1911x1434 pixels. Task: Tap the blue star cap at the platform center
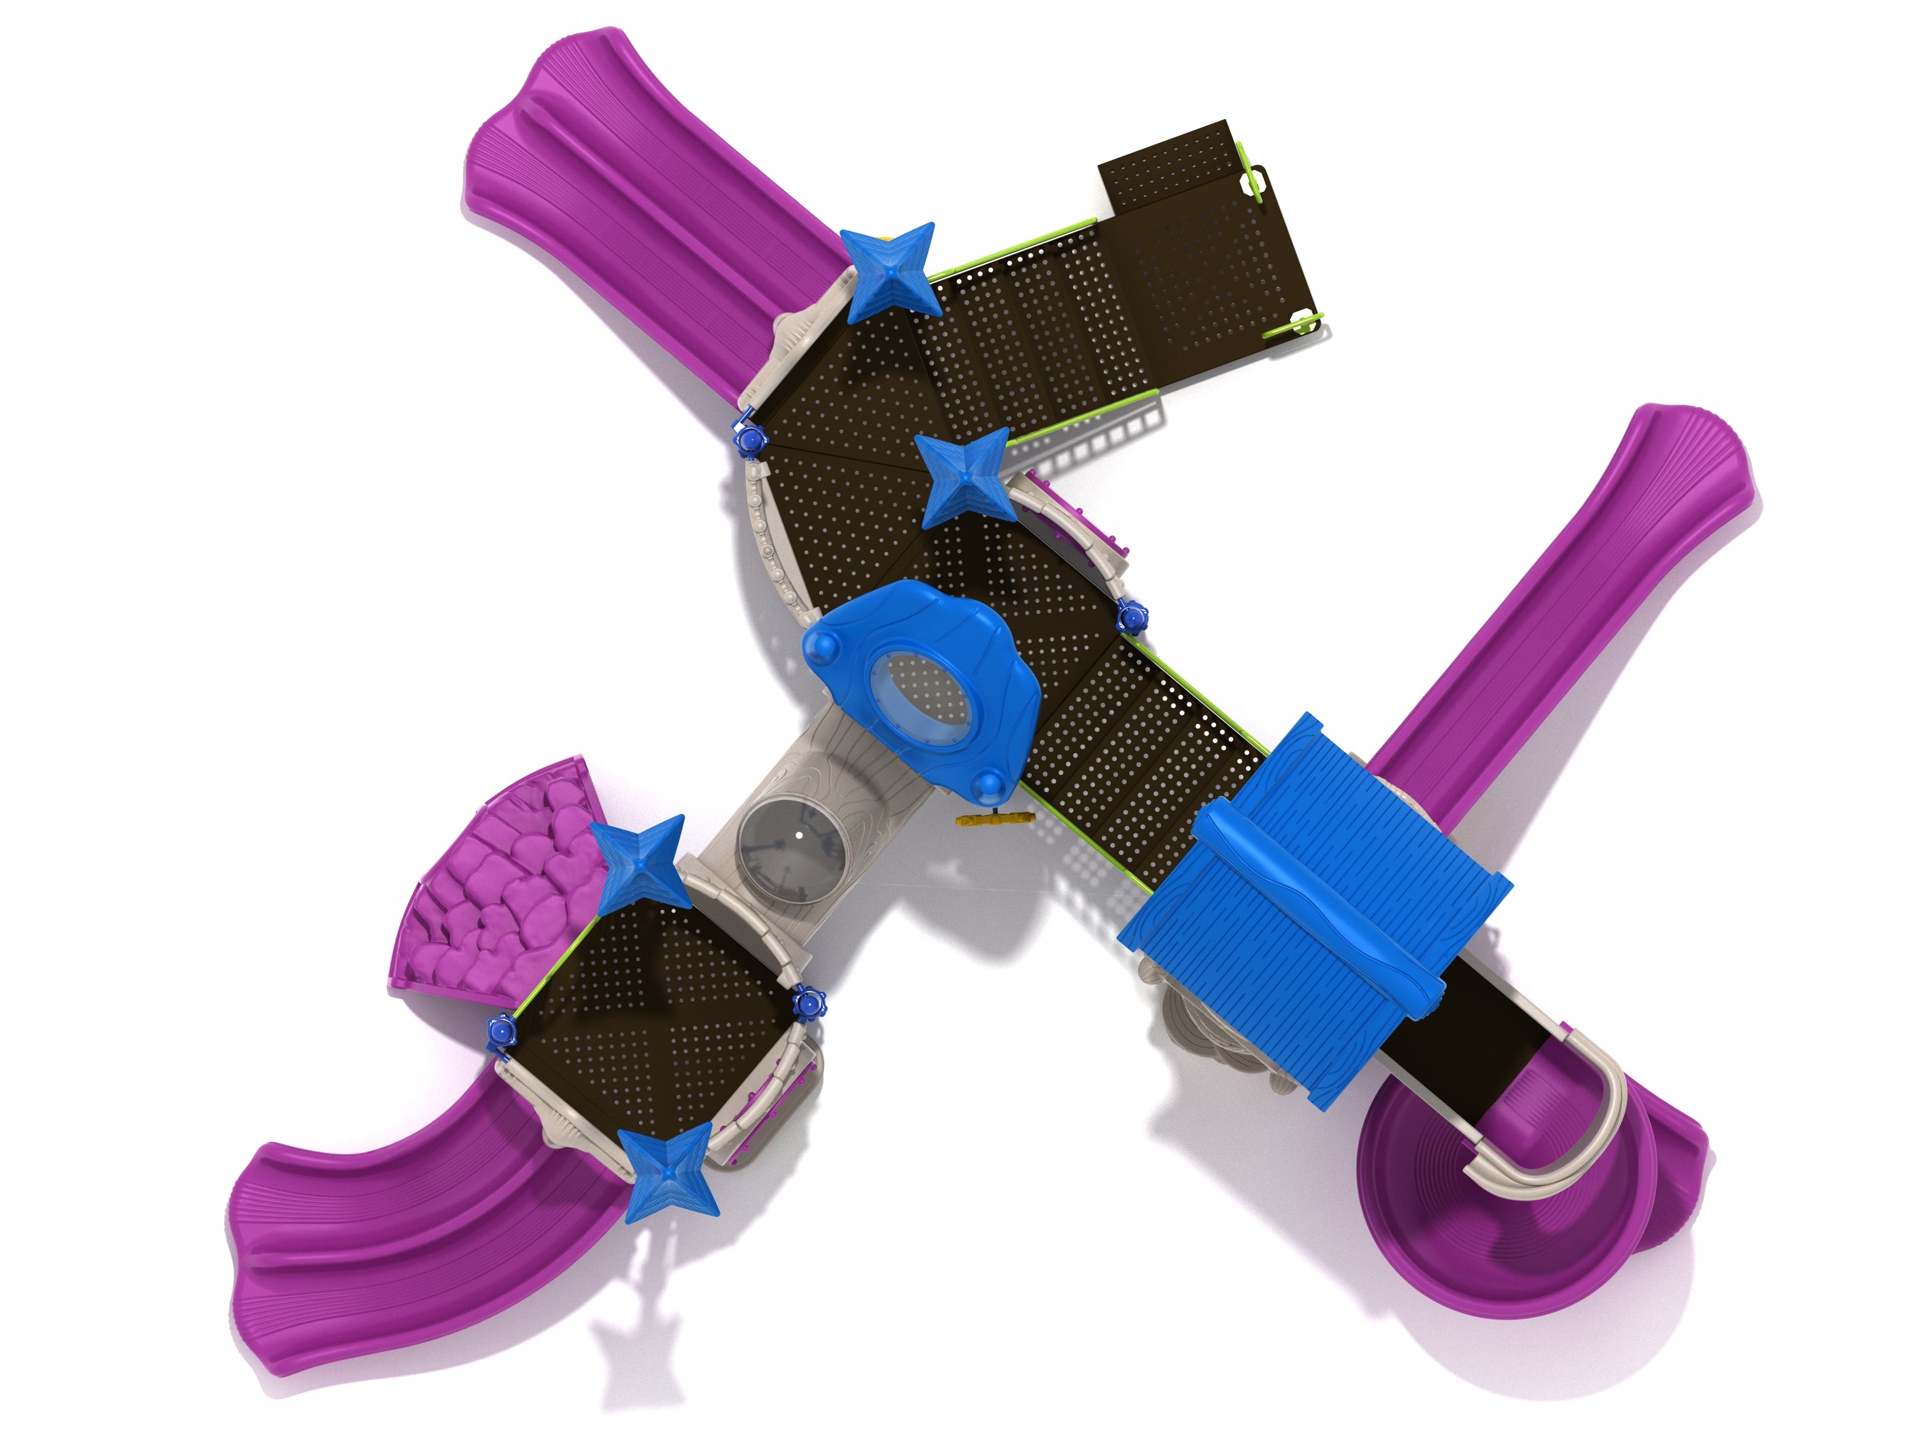point(964,477)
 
